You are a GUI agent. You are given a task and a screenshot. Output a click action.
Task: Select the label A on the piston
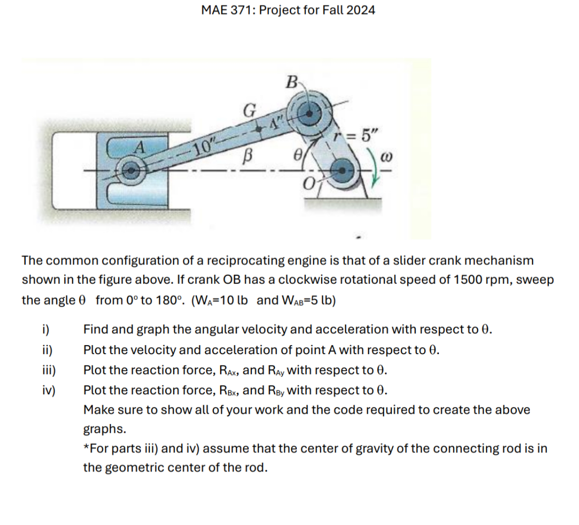point(140,147)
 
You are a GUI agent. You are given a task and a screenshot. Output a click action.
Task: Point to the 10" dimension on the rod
point(203,147)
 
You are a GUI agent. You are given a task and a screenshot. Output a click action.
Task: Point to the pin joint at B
point(308,113)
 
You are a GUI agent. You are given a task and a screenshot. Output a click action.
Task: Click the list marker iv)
point(48,390)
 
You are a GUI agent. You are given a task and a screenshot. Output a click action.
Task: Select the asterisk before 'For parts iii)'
point(86,448)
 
